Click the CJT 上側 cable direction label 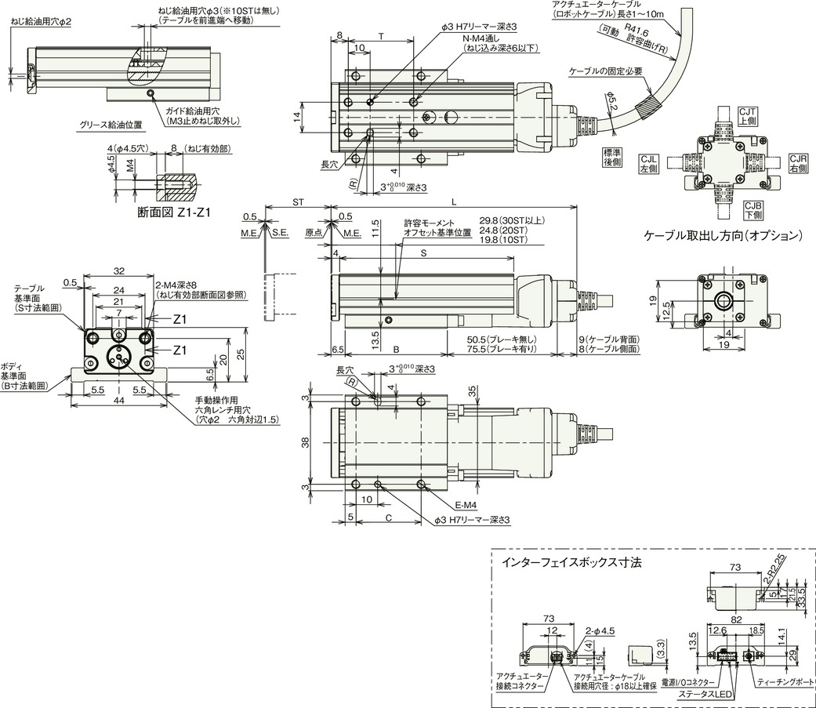(x=746, y=118)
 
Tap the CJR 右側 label (x=798, y=163)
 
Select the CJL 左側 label (x=651, y=163)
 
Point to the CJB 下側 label (x=753, y=209)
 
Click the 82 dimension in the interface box (x=735, y=619)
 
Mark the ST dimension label (x=298, y=202)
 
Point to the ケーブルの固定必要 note (x=607, y=71)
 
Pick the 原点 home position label (x=314, y=233)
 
